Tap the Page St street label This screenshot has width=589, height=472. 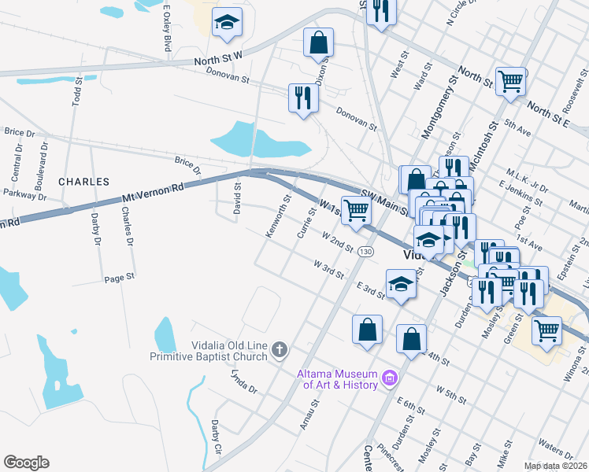(120, 278)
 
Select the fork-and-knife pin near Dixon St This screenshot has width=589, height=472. (302, 98)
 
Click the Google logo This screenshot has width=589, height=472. (26, 463)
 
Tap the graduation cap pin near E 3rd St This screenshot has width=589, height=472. (401, 283)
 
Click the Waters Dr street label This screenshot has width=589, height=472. (557, 451)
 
